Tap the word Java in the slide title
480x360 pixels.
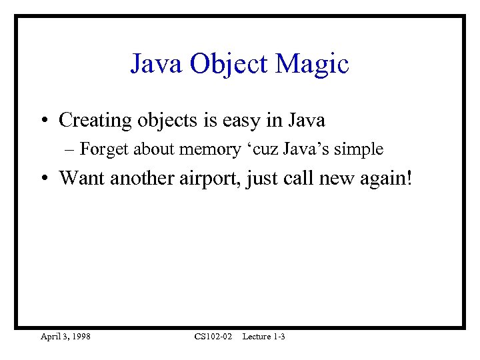[x=157, y=65]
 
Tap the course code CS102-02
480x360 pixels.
[x=213, y=337]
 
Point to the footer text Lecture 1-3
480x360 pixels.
[x=263, y=337]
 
